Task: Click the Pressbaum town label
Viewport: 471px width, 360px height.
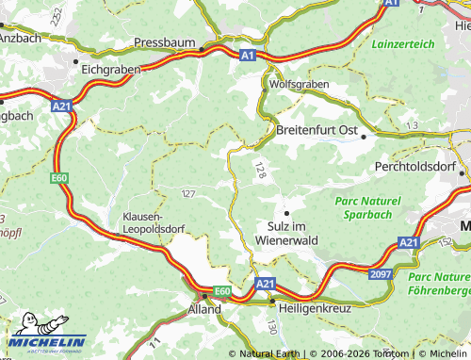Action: pyautogui.click(x=165, y=42)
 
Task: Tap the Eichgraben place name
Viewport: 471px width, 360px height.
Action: pyautogui.click(x=110, y=70)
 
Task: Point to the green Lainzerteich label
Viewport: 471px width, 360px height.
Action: pyautogui.click(x=403, y=44)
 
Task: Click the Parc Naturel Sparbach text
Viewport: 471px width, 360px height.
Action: pyautogui.click(x=367, y=208)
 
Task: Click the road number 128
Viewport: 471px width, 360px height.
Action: pyautogui.click(x=259, y=171)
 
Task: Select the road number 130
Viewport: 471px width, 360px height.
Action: pyautogui.click(x=272, y=326)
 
